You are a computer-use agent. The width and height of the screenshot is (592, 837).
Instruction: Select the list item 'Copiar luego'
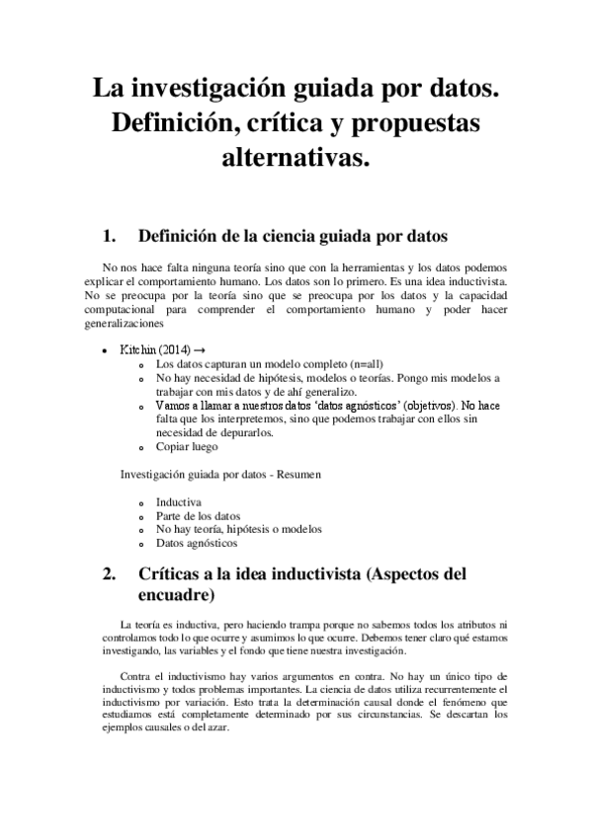(x=186, y=446)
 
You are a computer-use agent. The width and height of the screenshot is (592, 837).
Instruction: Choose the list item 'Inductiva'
(x=178, y=501)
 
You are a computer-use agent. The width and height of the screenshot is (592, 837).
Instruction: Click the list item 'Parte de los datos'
(x=198, y=515)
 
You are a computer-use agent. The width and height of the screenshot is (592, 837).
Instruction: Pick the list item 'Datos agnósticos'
(x=196, y=543)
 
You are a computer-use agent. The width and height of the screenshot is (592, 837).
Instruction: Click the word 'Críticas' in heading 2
(x=176, y=574)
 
